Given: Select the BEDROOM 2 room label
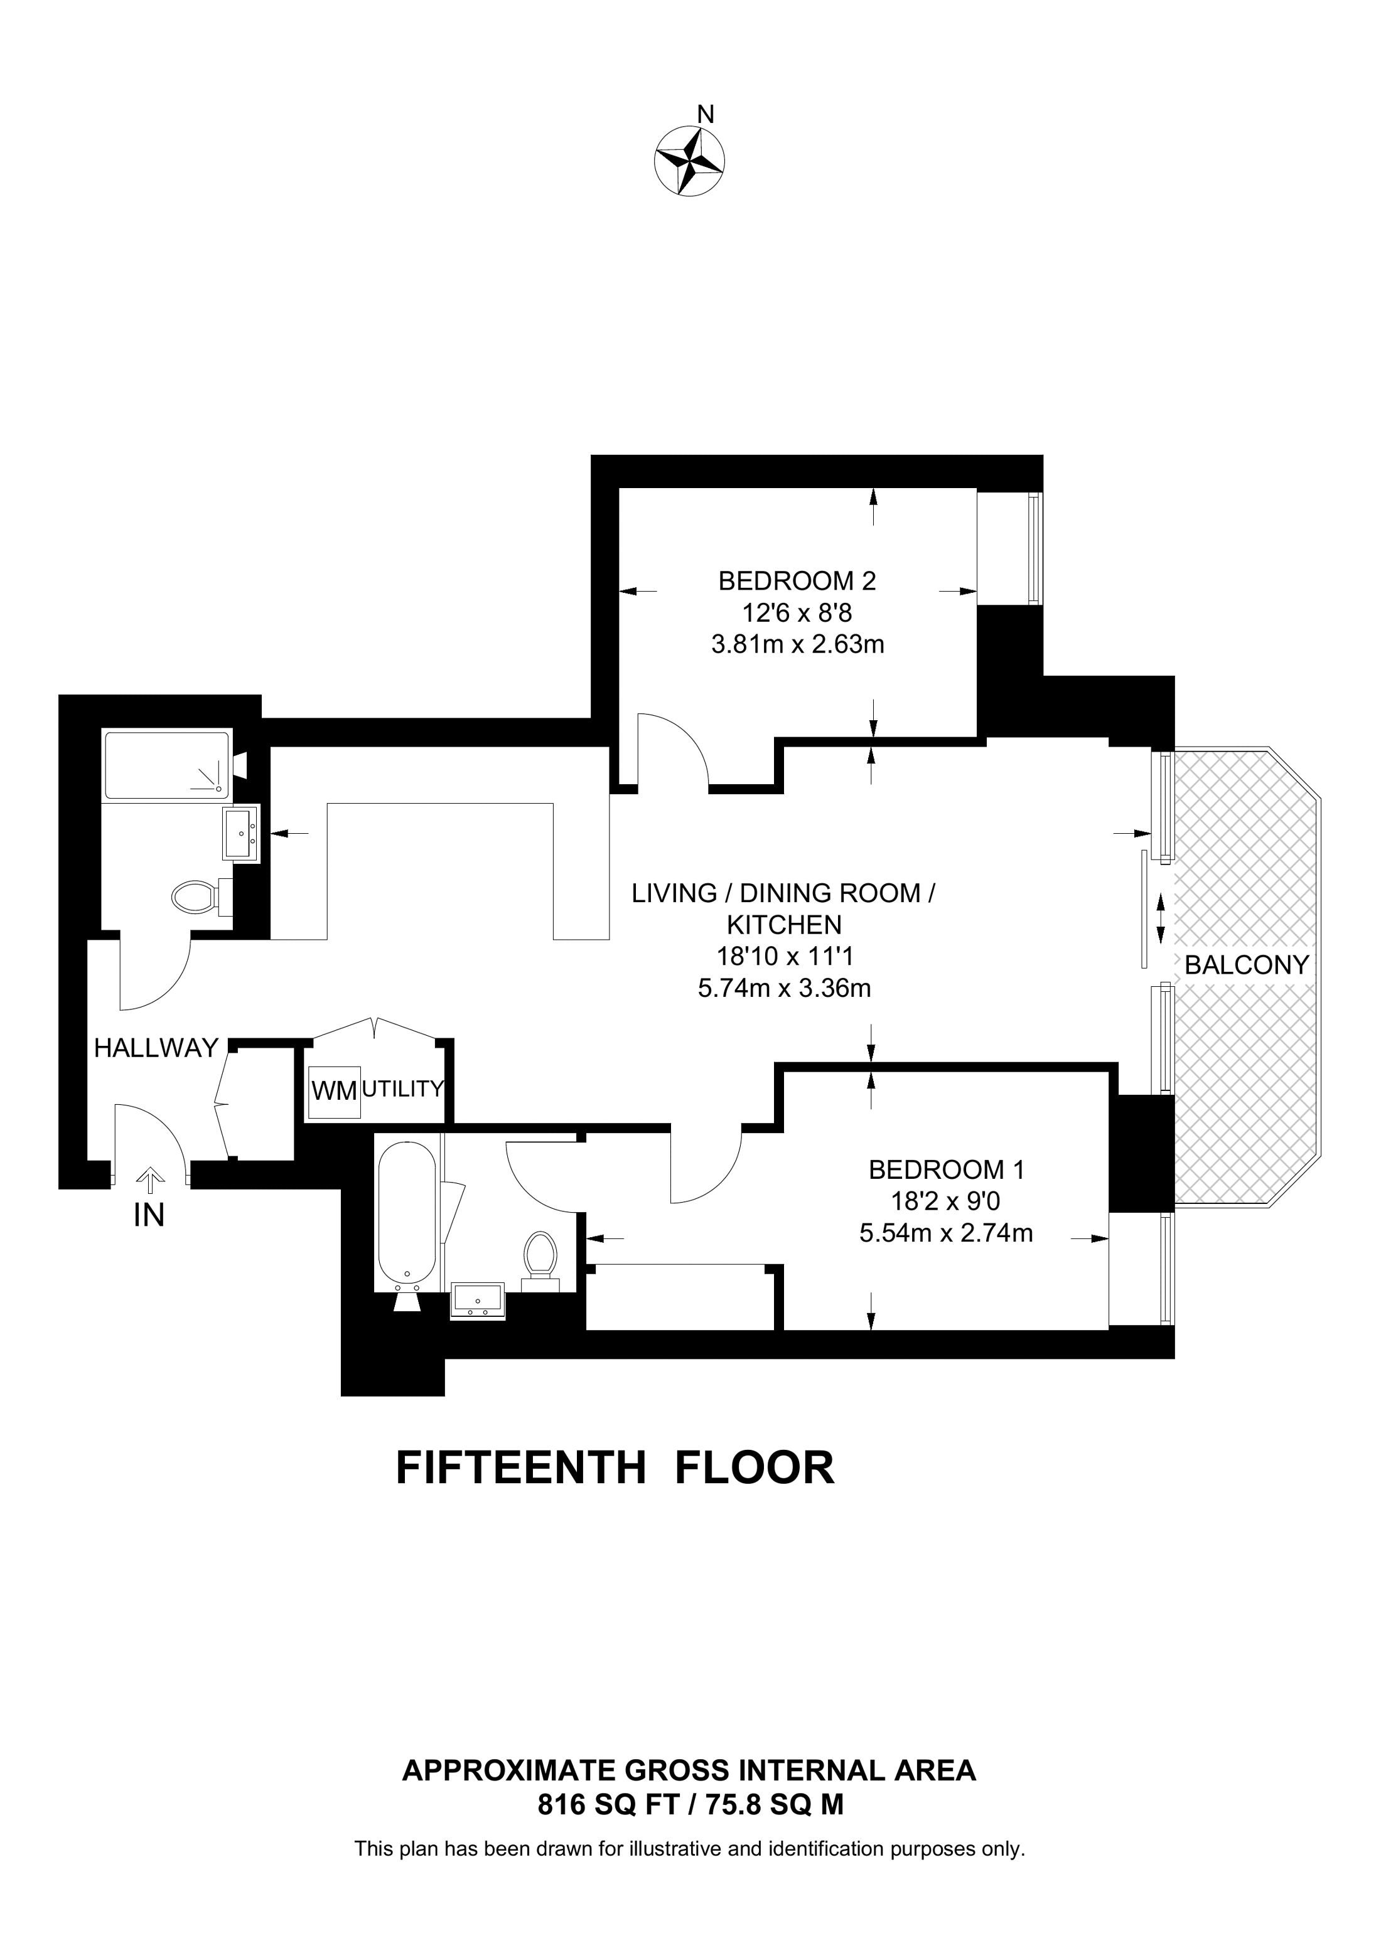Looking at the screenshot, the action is click(x=797, y=581).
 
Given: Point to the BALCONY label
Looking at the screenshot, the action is click(x=1247, y=965).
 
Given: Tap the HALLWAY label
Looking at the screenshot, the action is click(x=156, y=1048).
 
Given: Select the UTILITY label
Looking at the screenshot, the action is click(x=404, y=1088).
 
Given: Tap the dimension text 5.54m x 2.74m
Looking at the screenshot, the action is click(x=946, y=1233).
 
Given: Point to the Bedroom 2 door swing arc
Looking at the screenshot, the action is click(x=685, y=737).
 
